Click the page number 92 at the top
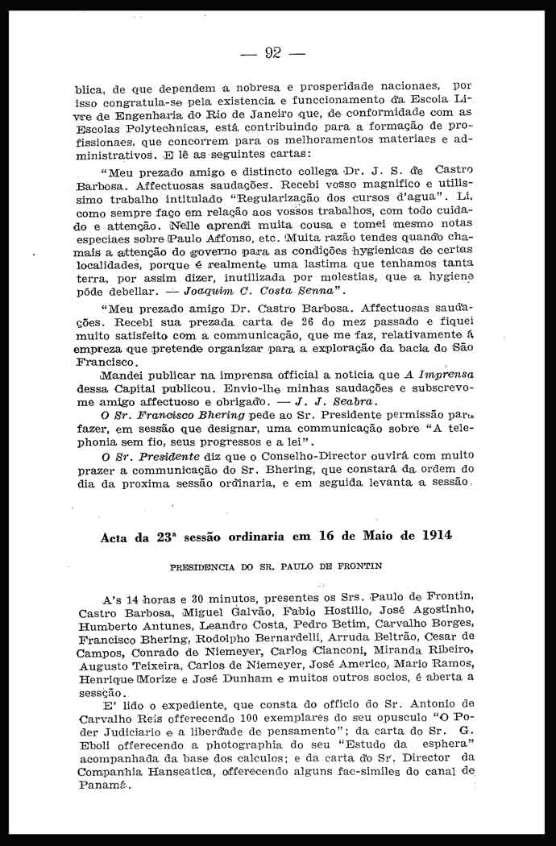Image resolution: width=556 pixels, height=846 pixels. [x=272, y=53]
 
